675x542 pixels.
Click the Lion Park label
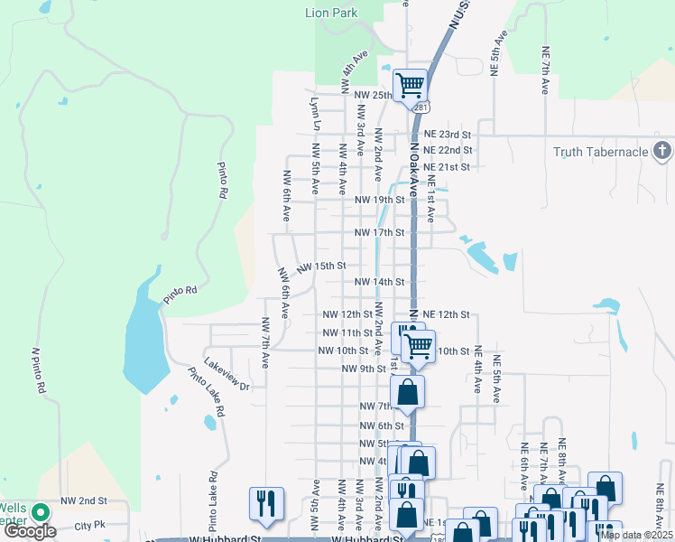pos(331,13)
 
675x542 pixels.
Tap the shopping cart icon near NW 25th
pos(410,85)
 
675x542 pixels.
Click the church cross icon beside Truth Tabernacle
pos(661,151)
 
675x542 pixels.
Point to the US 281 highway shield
pos(421,107)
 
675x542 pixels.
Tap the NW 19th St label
pos(379,200)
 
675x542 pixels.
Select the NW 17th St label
pos(379,232)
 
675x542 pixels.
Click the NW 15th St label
pos(322,266)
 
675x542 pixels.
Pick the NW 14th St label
pos(379,282)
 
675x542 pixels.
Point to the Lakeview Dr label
pos(227,374)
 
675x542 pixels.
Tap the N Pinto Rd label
pos(38,371)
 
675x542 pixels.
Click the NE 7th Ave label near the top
pos(546,70)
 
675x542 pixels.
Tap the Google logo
pos(29,531)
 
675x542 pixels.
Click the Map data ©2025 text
pos(636,535)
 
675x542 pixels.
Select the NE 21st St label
pos(447,167)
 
